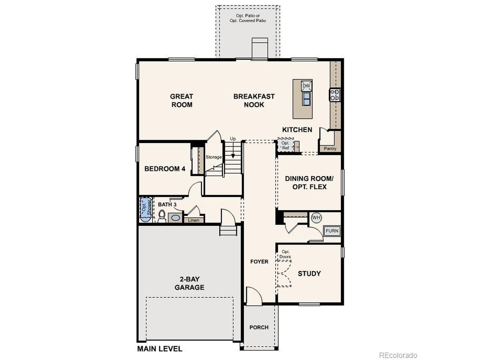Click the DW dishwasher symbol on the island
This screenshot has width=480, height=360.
[306, 86]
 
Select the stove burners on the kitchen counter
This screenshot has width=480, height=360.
[335, 94]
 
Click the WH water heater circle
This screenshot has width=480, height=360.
[316, 217]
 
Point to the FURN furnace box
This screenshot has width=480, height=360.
[332, 231]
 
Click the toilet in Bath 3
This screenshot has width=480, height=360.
[162, 216]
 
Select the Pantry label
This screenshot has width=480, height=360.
[330, 149]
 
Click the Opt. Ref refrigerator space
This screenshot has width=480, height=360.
[285, 145]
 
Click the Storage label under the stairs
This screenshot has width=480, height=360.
[213, 157]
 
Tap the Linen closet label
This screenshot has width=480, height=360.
[194, 220]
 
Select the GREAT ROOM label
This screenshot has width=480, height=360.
[182, 100]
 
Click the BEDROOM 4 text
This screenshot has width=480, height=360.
[165, 169]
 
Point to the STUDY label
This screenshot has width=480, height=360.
[309, 273]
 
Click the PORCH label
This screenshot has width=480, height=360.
[259, 327]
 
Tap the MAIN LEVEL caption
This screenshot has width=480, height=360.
[160, 349]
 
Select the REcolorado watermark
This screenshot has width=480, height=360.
[398, 355]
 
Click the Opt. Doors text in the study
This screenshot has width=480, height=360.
[285, 254]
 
